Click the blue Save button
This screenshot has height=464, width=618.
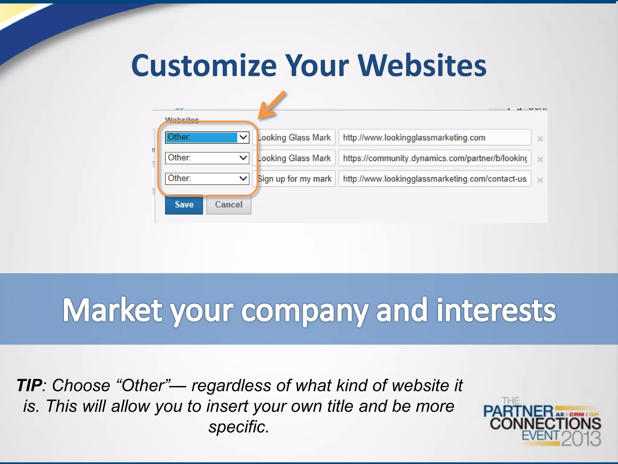point(184,205)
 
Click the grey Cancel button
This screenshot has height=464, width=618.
point(228,205)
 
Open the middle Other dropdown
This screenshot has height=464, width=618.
point(207,158)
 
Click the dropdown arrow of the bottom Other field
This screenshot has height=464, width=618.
point(243,178)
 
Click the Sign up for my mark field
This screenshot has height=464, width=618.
point(295,179)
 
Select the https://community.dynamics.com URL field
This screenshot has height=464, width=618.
point(435,158)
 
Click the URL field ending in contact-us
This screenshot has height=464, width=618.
point(435,179)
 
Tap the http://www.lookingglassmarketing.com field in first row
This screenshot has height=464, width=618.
point(435,138)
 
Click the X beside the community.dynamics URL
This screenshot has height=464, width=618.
point(540,159)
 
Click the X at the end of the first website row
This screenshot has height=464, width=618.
point(540,139)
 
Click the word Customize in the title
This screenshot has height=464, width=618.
point(204,66)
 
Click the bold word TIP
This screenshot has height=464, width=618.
point(29,385)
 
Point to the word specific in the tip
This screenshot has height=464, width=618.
point(238,427)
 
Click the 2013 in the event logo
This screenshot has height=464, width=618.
point(581,439)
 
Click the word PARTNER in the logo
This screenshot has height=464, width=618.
point(518,411)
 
